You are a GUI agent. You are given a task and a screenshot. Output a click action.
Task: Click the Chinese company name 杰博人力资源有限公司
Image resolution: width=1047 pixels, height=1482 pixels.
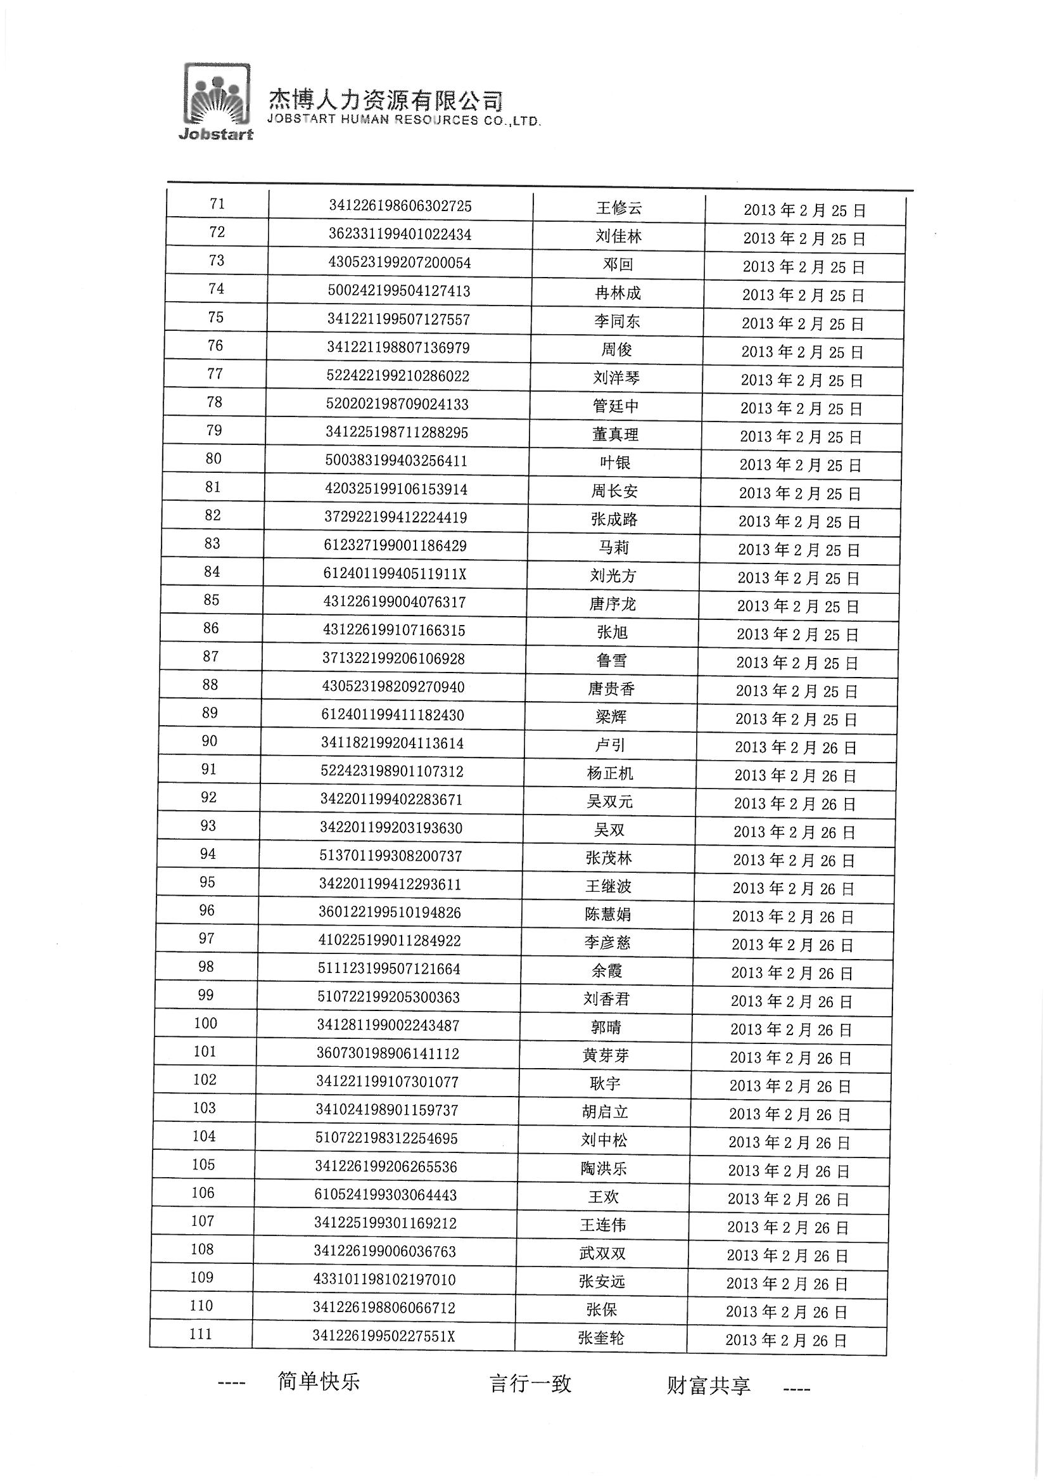pyautogui.click(x=385, y=100)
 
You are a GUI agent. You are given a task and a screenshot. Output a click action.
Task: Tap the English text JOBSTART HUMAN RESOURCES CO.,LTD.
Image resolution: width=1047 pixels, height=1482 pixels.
pyautogui.click(x=403, y=120)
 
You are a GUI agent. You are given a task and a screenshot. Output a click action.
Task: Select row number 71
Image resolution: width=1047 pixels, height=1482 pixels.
pyautogui.click(x=217, y=204)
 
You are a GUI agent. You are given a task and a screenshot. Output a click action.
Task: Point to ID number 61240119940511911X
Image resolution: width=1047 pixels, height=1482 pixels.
pyautogui.click(x=395, y=574)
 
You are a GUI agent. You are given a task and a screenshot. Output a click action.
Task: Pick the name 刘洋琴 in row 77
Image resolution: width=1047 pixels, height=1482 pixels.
pyautogui.click(x=616, y=378)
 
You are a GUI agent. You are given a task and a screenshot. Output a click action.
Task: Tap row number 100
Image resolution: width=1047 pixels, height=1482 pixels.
pyautogui.click(x=206, y=1023)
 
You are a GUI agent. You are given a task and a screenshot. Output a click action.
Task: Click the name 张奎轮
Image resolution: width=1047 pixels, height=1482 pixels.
pyautogui.click(x=601, y=1338)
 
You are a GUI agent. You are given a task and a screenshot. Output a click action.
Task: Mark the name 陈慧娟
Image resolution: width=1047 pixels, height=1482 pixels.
pyautogui.click(x=607, y=915)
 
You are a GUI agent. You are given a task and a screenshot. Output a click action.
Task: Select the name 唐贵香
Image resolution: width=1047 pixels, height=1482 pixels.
pyautogui.click(x=612, y=689)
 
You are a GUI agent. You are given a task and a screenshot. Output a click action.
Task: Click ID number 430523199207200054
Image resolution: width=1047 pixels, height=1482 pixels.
pyautogui.click(x=399, y=262)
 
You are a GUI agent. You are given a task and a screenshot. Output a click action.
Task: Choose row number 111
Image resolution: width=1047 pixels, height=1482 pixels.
pyautogui.click(x=201, y=1334)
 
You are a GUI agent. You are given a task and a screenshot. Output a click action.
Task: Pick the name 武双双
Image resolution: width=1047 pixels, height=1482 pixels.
pyautogui.click(x=602, y=1254)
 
